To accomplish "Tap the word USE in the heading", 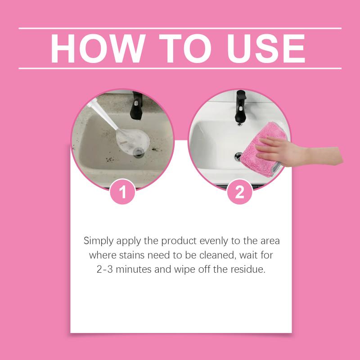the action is [x=266, y=49].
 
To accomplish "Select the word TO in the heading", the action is [x=185, y=49].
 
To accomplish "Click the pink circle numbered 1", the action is [x=122, y=192].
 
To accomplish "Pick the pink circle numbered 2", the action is [x=239, y=192].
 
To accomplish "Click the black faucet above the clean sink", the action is [x=240, y=106].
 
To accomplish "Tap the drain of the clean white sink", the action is [x=238, y=157].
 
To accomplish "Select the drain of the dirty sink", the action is [x=139, y=152].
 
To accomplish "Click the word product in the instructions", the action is [x=179, y=241].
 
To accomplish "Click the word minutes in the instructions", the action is [x=134, y=269].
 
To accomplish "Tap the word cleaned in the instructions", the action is [x=218, y=255].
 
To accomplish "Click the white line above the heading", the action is [x=180, y=28].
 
